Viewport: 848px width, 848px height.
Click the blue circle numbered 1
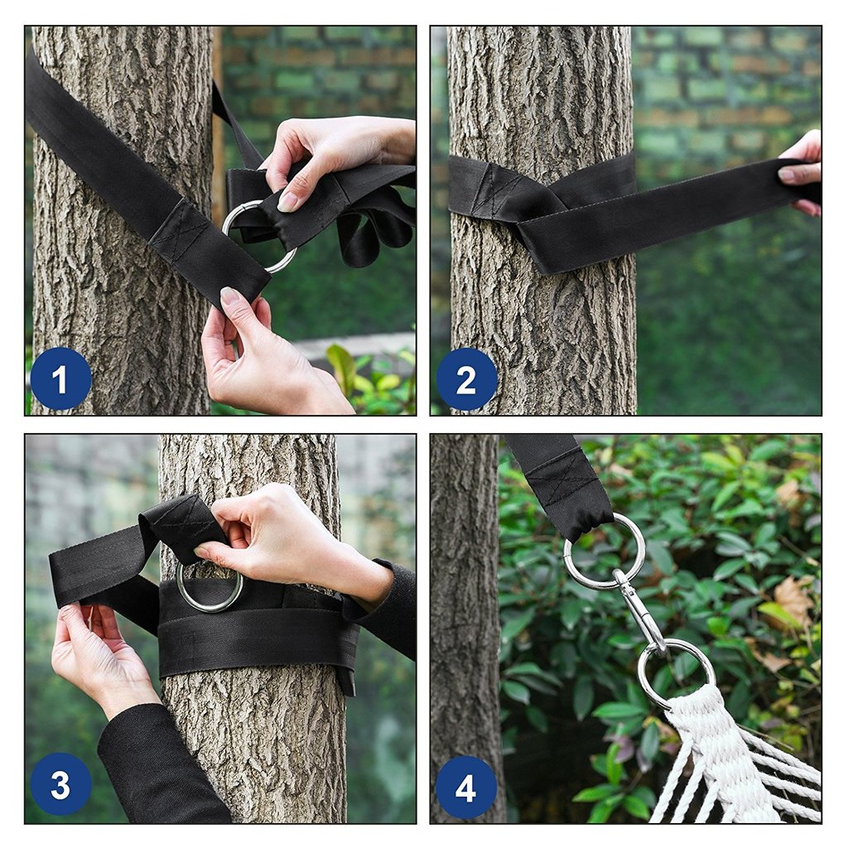tap(60, 378)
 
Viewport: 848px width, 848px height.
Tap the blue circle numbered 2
tap(466, 378)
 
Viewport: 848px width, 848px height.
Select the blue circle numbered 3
tap(60, 784)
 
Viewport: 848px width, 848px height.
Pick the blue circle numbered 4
tap(466, 788)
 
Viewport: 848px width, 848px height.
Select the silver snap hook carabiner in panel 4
tap(641, 611)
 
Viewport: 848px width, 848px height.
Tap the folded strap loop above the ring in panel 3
tap(181, 528)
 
